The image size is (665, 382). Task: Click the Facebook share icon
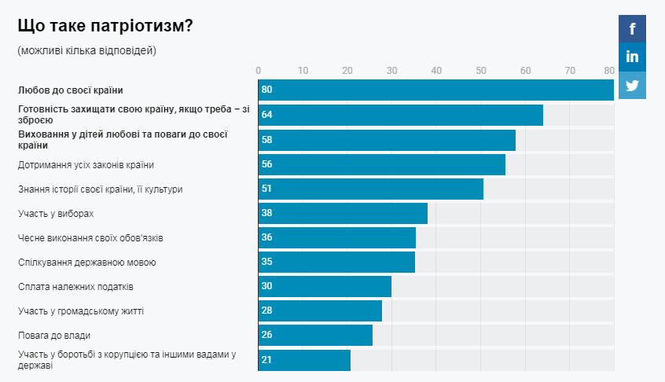(x=632, y=29)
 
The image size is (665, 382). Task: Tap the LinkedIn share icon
(x=632, y=57)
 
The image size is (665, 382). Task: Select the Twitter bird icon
(x=632, y=85)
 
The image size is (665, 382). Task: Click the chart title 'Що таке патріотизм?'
(x=105, y=26)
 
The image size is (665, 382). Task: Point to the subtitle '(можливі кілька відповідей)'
(x=86, y=51)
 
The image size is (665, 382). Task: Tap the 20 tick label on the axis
(x=347, y=69)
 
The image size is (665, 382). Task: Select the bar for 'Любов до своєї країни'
(x=435, y=90)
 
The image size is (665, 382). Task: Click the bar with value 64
(x=400, y=115)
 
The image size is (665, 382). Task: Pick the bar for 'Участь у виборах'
(x=343, y=213)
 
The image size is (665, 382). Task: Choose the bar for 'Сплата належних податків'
(x=325, y=287)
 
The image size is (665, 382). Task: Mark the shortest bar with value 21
(x=304, y=360)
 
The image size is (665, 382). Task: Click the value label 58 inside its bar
(x=266, y=140)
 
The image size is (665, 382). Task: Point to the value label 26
(x=266, y=336)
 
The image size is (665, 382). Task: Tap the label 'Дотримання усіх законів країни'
(x=86, y=164)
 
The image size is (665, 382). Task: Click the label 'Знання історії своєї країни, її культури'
(x=100, y=189)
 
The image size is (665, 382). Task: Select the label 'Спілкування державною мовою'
(x=86, y=263)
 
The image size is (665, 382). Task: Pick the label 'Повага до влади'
(x=54, y=336)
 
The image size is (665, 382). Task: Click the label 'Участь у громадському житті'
(x=80, y=311)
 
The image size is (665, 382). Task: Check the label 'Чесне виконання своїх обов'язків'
(x=90, y=238)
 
